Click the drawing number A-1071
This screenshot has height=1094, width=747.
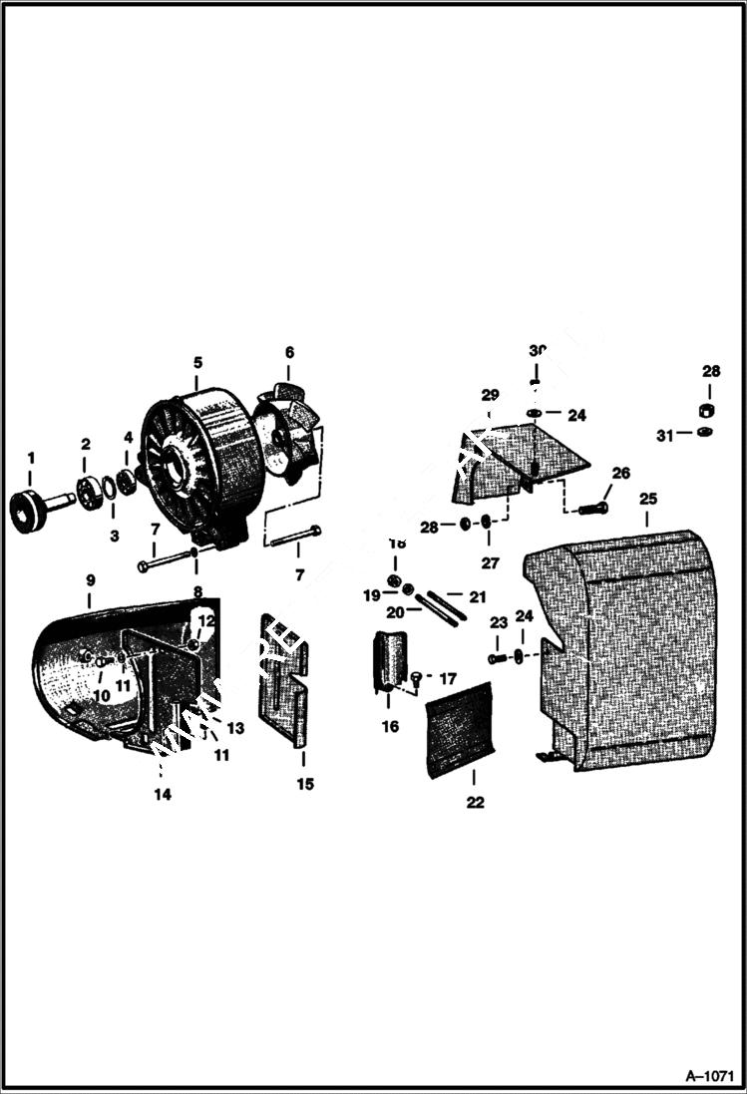tap(710, 1076)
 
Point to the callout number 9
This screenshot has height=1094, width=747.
tap(90, 579)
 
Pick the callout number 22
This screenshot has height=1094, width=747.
tap(475, 802)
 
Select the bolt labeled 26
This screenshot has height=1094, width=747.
tap(592, 509)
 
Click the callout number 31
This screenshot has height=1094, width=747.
tap(665, 434)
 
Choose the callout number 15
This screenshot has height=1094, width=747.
tap(305, 784)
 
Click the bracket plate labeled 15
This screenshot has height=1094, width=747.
tap(283, 678)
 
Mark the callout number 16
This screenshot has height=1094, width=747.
tap(390, 726)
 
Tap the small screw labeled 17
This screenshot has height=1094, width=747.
tap(416, 679)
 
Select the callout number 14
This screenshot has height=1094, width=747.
tap(162, 794)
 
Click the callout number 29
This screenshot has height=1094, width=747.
tap(490, 395)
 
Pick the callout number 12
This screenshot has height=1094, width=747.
tap(206, 619)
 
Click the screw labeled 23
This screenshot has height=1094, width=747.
tap(496, 658)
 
